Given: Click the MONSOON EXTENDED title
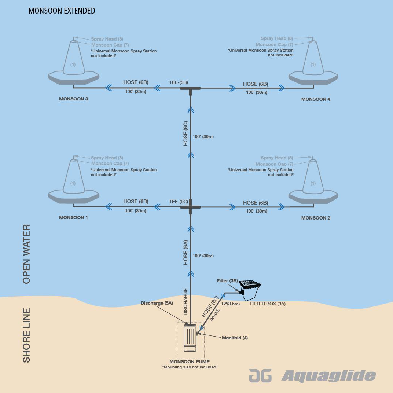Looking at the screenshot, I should click(62, 11).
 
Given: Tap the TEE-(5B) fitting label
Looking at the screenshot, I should click(179, 83).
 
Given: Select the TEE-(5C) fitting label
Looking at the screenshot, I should click(179, 202).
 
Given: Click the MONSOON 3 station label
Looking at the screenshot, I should click(74, 99).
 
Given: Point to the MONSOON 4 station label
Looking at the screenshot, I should click(316, 99).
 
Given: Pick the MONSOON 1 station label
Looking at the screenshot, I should click(74, 218).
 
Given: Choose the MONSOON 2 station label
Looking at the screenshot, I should click(316, 218).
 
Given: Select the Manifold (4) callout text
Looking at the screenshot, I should click(235, 338).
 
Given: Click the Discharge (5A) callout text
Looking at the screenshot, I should click(157, 303).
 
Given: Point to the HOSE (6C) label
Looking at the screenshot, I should click(186, 134).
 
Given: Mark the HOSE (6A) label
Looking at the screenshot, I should click(186, 253).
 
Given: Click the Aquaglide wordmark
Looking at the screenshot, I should click(328, 376).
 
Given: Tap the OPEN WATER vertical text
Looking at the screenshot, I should click(26, 254).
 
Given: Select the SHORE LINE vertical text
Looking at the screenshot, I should click(26, 335).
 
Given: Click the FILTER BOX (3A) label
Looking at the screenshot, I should click(267, 304).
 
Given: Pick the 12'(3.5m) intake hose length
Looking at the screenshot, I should click(231, 304).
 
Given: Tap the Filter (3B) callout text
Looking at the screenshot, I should click(227, 281).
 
